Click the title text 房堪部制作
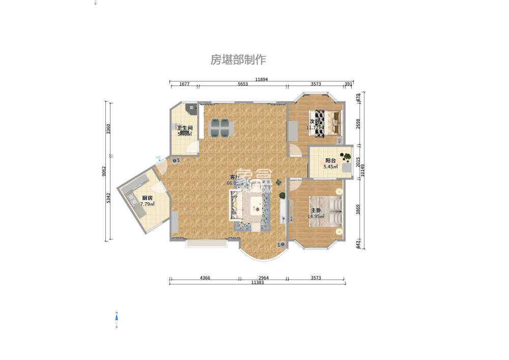click(238, 60)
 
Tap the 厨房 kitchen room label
click(147, 198)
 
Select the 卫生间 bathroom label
click(184, 128)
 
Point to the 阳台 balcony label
click(330, 160)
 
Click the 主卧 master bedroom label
click(316, 210)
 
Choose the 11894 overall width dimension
click(261, 79)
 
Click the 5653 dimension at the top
click(242, 85)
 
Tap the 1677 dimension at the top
click(184, 85)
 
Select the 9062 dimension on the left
click(104, 172)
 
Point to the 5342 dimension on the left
click(108, 199)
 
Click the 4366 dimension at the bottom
click(205, 278)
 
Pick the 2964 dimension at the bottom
click(263, 278)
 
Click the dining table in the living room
click(221, 128)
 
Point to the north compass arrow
click(117, 320)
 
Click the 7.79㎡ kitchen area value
click(147, 204)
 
